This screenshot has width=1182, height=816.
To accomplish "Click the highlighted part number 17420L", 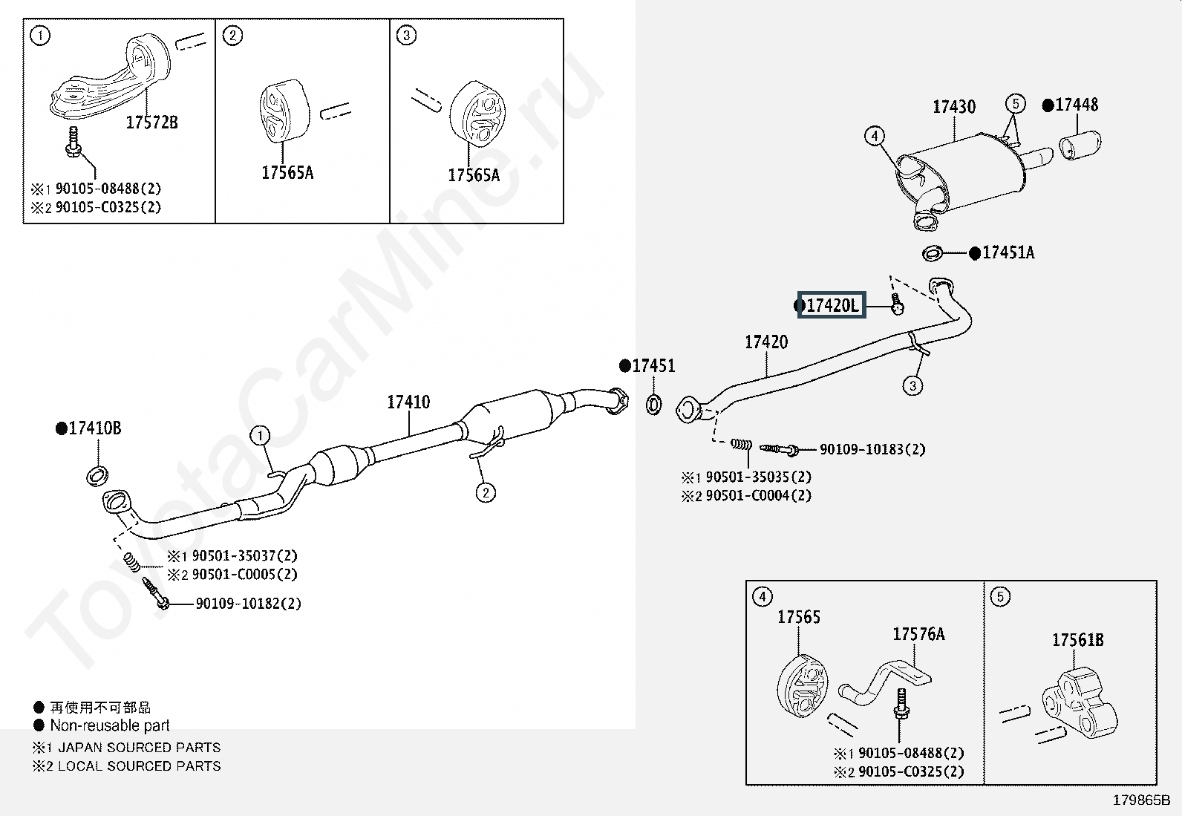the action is pyautogui.click(x=832, y=305).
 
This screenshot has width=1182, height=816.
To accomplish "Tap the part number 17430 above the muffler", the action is pyautogui.click(x=954, y=107).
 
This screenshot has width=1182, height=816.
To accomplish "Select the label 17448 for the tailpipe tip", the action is pyautogui.click(x=1077, y=105).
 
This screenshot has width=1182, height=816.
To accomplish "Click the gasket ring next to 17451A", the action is pyautogui.click(x=933, y=253).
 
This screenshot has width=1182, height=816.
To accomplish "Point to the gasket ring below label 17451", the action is pyautogui.click(x=653, y=405).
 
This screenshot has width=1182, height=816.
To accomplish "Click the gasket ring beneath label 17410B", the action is pyautogui.click(x=97, y=475).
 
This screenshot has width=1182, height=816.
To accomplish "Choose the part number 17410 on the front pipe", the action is pyautogui.click(x=408, y=402).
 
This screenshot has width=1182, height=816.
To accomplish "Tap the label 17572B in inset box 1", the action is pyautogui.click(x=152, y=123).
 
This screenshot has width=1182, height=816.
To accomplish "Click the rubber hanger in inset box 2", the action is pyautogui.click(x=284, y=112).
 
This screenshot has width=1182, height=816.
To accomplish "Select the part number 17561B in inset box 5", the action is pyautogui.click(x=1078, y=640).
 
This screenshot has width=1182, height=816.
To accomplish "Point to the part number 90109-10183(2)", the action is pyautogui.click(x=872, y=449).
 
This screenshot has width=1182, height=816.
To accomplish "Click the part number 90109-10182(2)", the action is pyautogui.click(x=248, y=604).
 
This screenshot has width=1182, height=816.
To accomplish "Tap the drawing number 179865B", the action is pyautogui.click(x=1141, y=800).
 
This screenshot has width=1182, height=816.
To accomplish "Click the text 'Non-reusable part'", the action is pyautogui.click(x=110, y=725).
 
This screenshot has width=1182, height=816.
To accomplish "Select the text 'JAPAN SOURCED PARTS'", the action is pyautogui.click(x=140, y=748).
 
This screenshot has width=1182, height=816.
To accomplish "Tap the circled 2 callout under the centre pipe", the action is pyautogui.click(x=486, y=493).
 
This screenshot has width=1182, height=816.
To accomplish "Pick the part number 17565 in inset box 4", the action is pyautogui.click(x=799, y=617).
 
